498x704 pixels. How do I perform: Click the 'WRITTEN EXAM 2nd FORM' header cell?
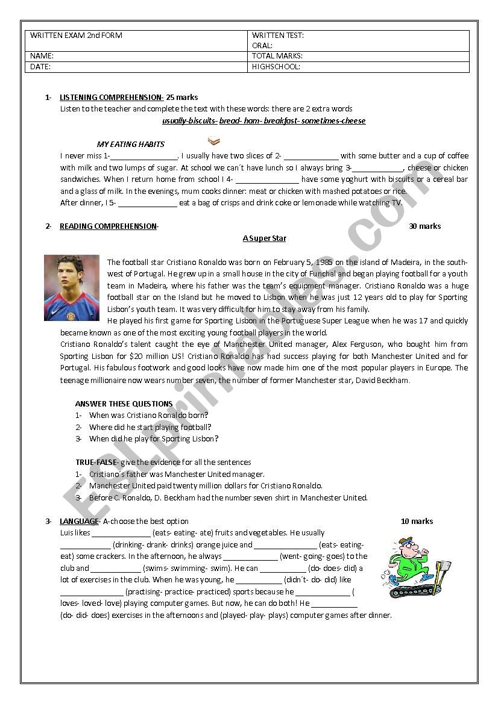click(76, 36)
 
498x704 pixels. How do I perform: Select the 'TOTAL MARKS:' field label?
click(277, 56)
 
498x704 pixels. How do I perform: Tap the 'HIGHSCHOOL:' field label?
click(276, 67)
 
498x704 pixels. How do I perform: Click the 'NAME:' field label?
click(42, 56)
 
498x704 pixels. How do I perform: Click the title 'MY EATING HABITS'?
click(130, 145)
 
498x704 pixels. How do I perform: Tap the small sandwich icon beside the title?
click(213, 142)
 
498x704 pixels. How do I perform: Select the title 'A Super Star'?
click(264, 238)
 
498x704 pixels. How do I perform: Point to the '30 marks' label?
click(424, 226)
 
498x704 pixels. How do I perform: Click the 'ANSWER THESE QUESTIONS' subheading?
click(124, 404)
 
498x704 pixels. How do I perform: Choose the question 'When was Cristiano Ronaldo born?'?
click(148, 416)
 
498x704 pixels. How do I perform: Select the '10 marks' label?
click(417, 522)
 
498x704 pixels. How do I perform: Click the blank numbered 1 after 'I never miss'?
click(143, 156)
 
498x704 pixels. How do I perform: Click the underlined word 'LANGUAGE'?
click(78, 522)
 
